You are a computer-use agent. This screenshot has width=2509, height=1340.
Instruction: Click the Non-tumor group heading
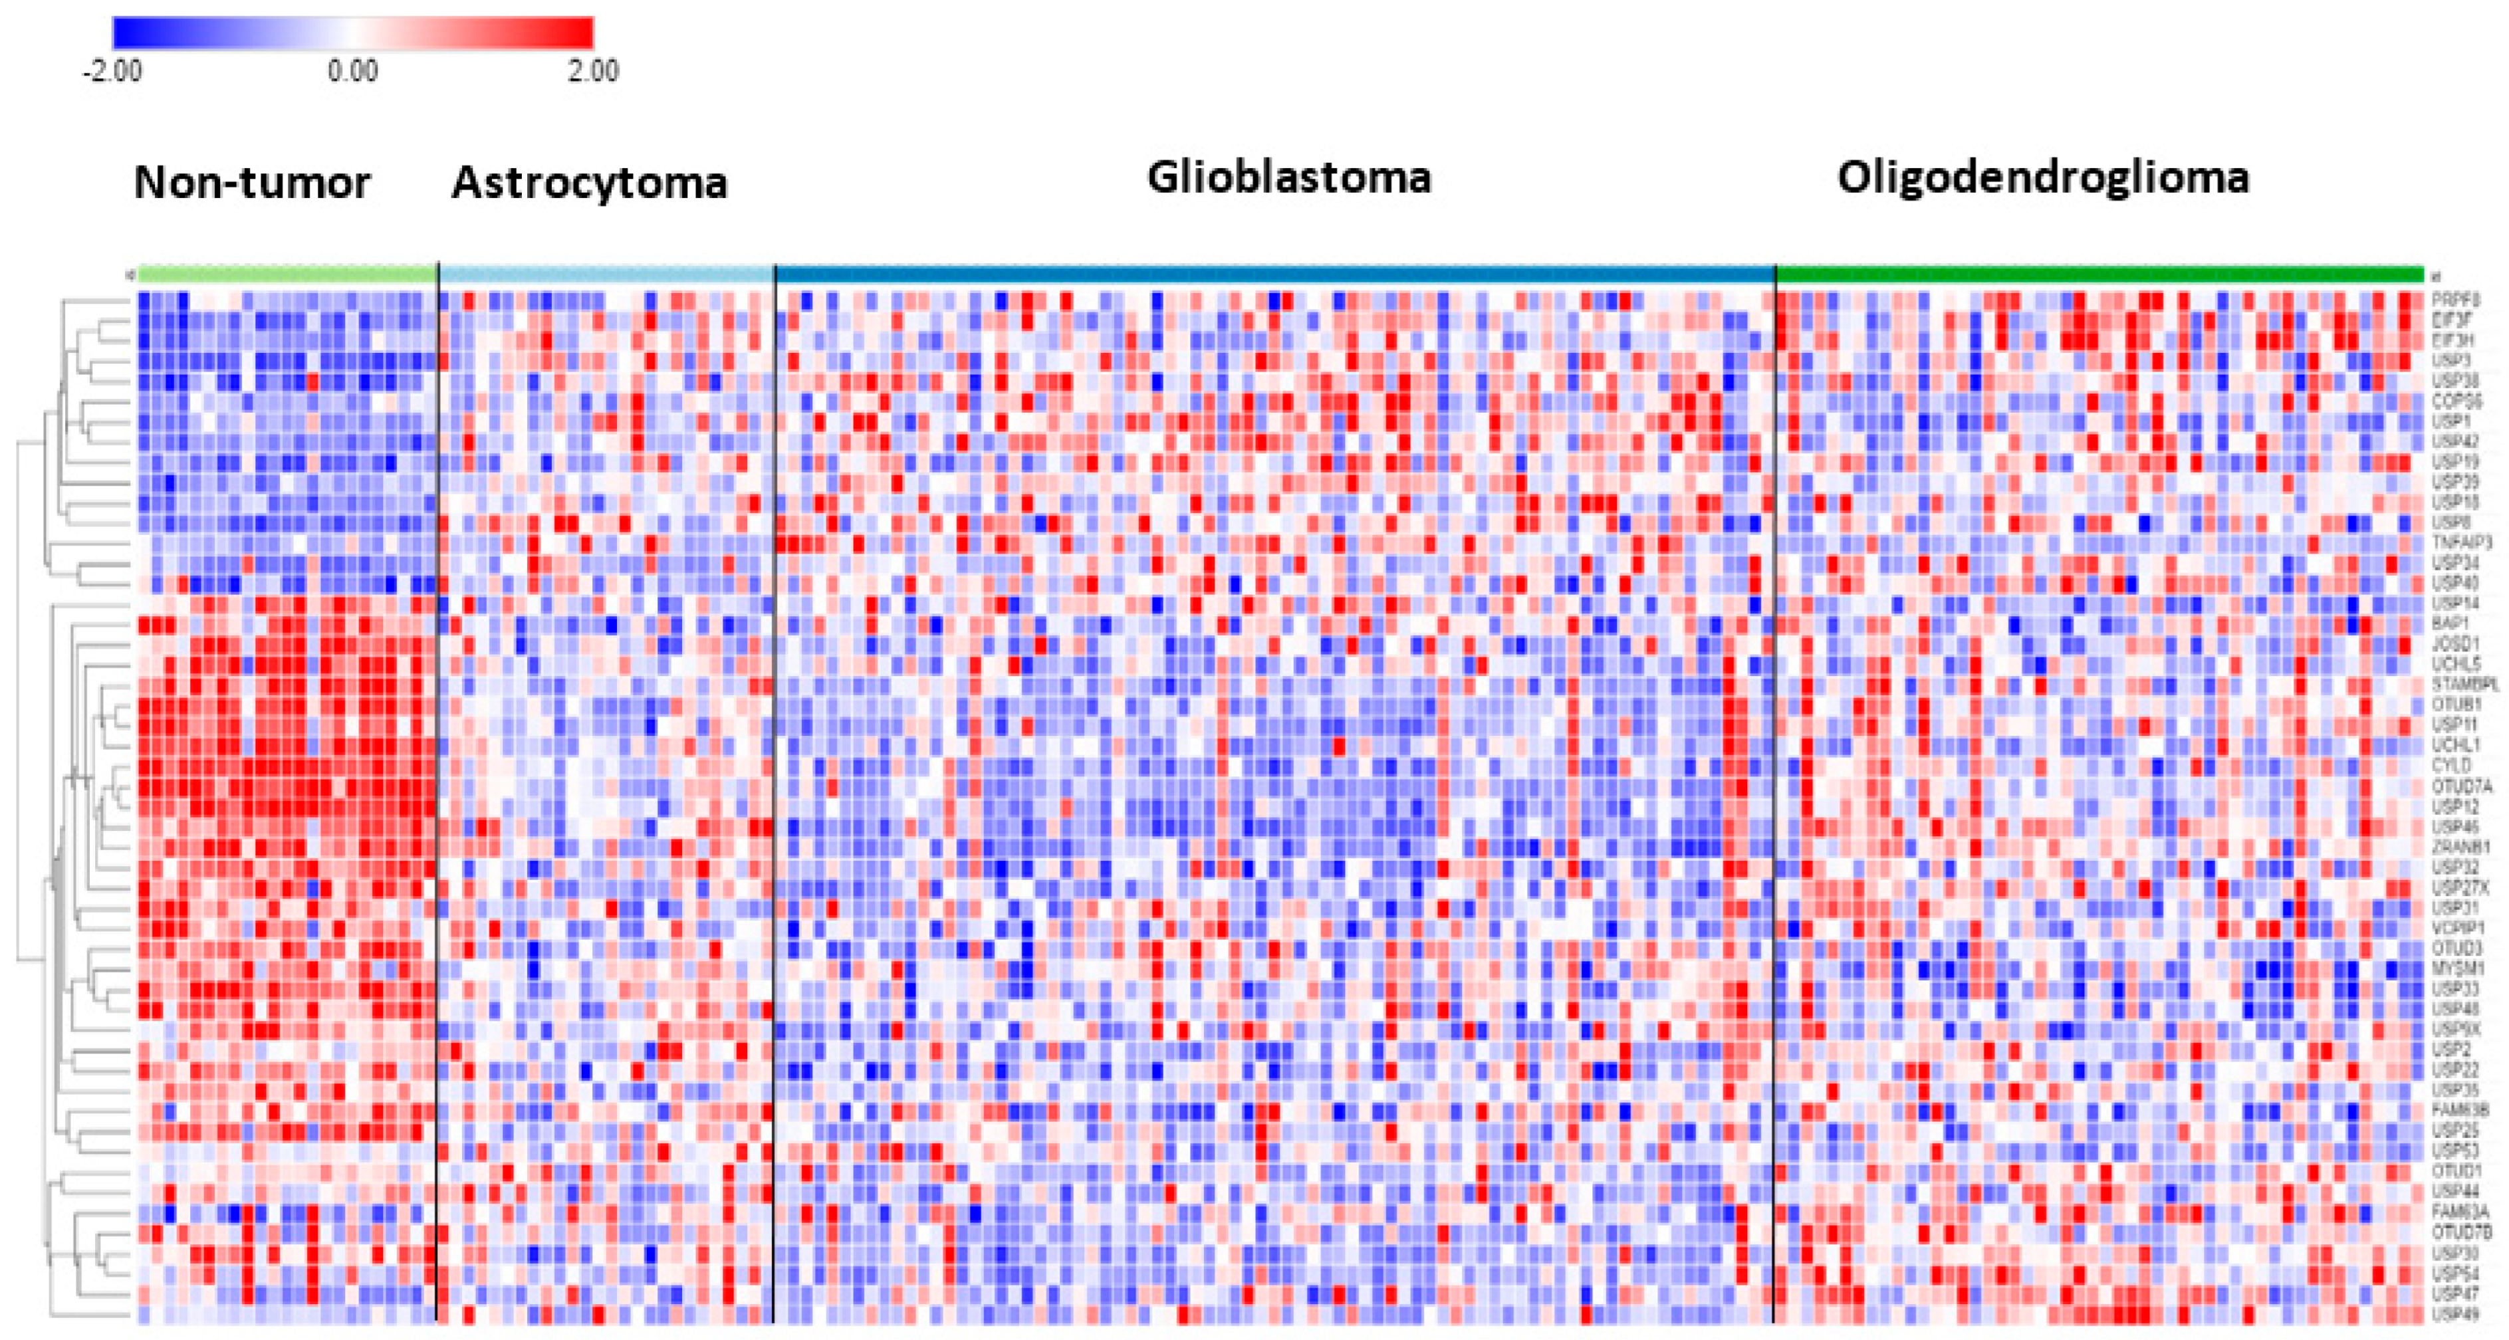[252, 182]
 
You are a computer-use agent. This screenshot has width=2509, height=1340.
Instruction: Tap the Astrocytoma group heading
[589, 182]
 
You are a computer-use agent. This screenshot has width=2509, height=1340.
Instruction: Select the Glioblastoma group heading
[1288, 177]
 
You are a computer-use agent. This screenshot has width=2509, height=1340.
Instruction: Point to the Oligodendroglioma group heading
[2042, 177]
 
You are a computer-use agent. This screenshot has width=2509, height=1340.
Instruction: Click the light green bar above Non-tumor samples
[287, 274]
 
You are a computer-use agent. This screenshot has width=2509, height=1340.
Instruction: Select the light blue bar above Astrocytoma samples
[607, 274]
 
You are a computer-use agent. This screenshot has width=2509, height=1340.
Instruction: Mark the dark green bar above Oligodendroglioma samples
[2099, 274]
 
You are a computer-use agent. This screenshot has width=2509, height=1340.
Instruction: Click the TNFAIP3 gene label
[2461, 542]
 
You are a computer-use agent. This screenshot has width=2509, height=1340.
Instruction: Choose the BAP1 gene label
[2450, 623]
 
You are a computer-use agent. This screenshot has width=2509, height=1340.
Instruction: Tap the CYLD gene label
[2450, 766]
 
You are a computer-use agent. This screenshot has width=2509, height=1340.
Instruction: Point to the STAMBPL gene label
[2464, 685]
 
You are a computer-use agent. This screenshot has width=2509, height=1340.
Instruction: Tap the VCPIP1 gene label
[2457, 928]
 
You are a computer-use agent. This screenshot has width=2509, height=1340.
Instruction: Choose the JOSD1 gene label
[2455, 643]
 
